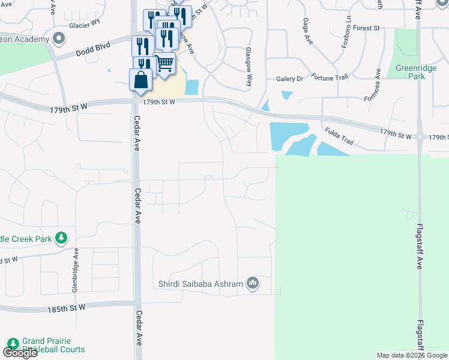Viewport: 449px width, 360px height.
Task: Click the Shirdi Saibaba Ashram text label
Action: point(200,284)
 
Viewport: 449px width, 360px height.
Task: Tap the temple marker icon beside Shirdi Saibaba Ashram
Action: point(253,283)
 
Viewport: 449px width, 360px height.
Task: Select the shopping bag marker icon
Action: point(140,80)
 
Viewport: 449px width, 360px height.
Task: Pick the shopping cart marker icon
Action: point(164,62)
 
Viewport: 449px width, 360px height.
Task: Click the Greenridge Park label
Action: point(415,72)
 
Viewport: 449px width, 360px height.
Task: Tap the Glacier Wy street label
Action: point(84,24)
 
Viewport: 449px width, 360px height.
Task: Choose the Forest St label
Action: point(367,28)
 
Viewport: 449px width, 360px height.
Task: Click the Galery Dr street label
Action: point(290,79)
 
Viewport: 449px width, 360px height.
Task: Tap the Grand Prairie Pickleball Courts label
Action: point(53,344)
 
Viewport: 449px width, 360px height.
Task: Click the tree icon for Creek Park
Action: point(61,238)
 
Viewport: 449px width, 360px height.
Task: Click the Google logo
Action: point(20,353)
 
